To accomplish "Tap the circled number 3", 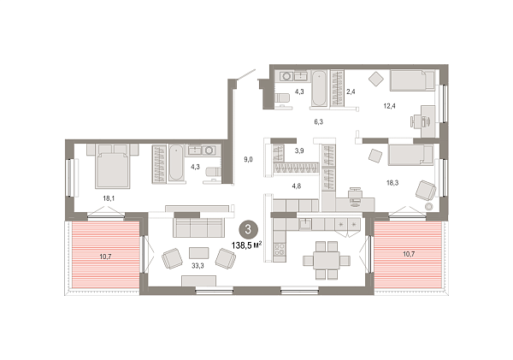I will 249,228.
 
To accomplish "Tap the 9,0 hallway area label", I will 248,157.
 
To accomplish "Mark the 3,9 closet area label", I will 299,150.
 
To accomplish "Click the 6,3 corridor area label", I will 318,121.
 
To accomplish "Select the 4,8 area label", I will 297,183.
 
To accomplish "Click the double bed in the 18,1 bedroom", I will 112,166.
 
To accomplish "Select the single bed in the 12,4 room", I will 413,80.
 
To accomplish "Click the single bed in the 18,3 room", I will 411,156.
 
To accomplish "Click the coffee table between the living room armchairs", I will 198,252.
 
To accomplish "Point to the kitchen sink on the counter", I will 304,222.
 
